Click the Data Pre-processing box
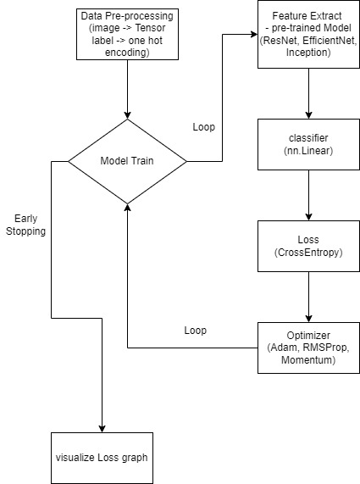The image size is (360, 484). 127,34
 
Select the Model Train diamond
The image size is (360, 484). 127,160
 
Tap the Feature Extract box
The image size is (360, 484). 308,34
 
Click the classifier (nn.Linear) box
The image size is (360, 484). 308,142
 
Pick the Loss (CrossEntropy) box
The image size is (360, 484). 308,246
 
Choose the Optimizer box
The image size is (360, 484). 308,348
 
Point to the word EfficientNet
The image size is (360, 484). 321,40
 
